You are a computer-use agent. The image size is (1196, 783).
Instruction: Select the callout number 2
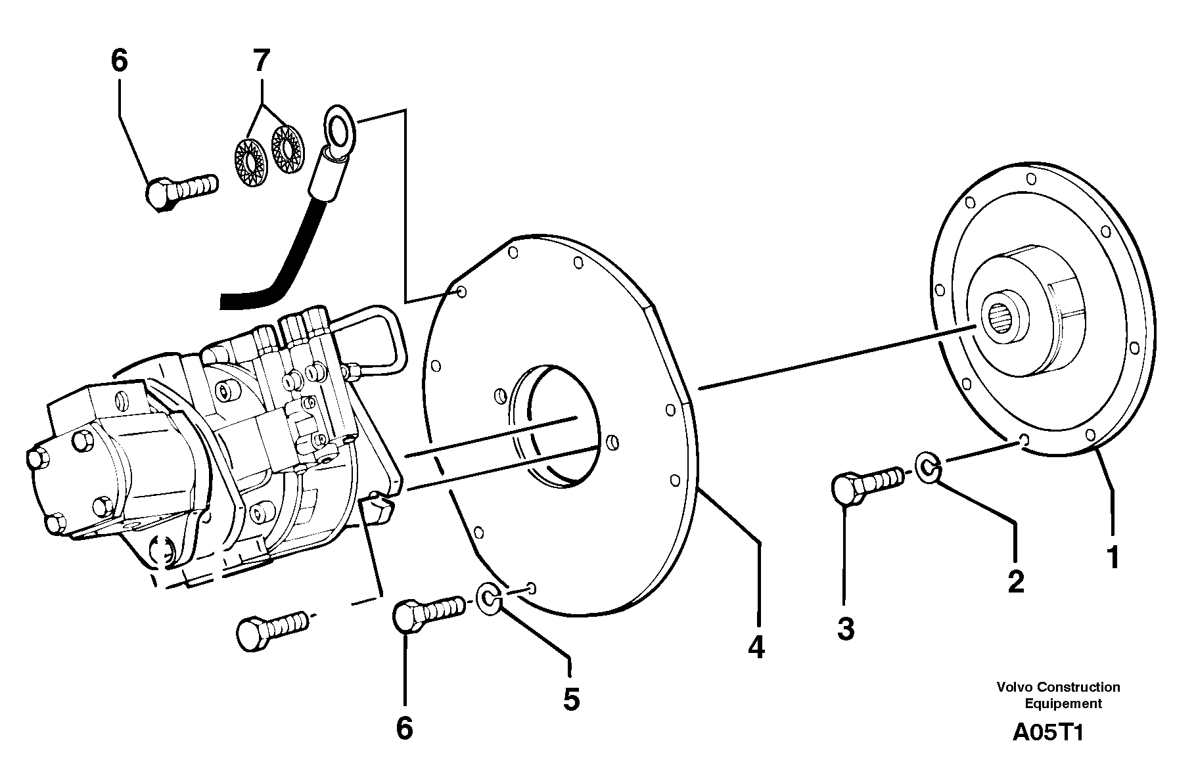(1016, 581)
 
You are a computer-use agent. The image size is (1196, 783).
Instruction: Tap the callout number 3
(846, 629)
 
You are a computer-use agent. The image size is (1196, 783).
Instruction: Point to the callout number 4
(756, 647)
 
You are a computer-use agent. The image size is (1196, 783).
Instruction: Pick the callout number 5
(571, 699)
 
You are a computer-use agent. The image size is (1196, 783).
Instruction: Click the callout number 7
(262, 61)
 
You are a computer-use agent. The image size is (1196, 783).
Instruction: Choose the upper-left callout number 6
(119, 61)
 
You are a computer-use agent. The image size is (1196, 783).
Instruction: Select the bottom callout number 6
(404, 728)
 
